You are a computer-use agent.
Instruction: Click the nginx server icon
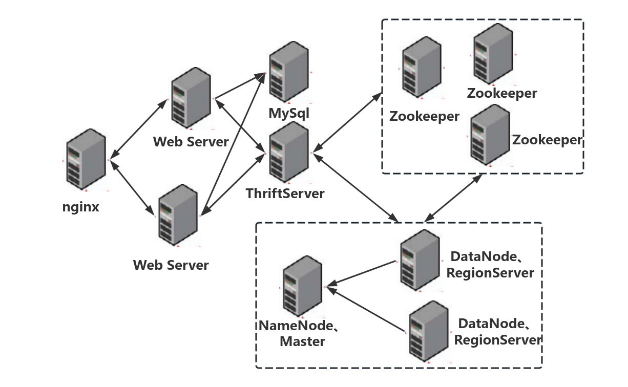click(86, 160)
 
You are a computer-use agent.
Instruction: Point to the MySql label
click(289, 112)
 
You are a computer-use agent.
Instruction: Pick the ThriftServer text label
click(285, 193)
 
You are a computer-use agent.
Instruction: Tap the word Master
click(302, 341)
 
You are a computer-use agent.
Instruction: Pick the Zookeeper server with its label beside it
click(490, 134)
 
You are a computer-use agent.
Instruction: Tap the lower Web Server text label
click(171, 265)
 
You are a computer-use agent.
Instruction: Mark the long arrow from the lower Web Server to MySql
click(233, 143)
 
